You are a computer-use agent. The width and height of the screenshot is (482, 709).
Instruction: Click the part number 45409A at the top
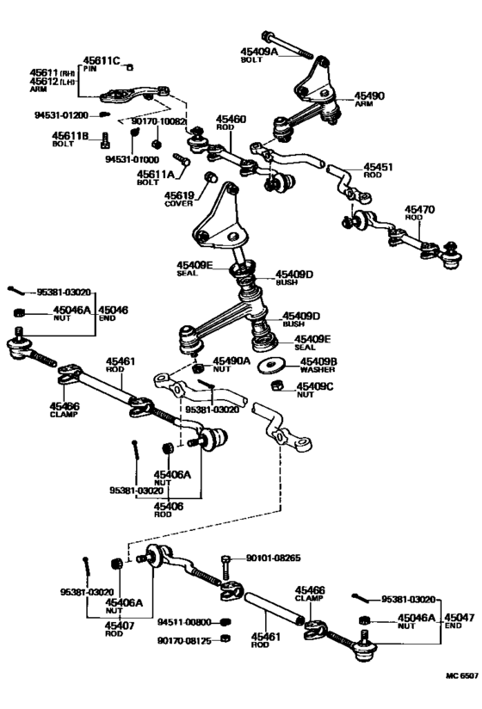click(x=260, y=52)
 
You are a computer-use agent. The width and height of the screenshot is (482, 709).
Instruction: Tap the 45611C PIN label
click(x=101, y=61)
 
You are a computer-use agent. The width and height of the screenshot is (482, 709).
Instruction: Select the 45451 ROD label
click(x=380, y=170)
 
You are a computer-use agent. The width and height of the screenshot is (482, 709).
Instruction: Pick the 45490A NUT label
click(x=232, y=365)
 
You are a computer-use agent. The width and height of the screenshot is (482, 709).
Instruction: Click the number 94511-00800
click(x=184, y=620)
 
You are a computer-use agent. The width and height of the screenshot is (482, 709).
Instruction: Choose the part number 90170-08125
click(x=184, y=640)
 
